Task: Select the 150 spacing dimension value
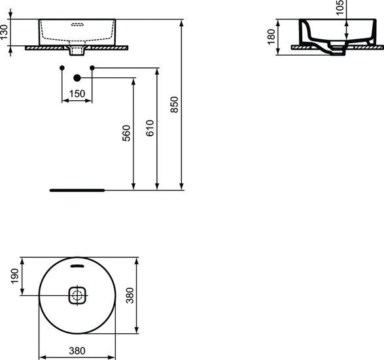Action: [77, 94]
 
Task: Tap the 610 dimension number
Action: [150, 128]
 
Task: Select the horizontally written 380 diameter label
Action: [77, 350]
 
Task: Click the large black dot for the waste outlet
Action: [77, 77]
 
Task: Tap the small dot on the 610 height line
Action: [92, 67]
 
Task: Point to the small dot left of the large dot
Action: [61, 67]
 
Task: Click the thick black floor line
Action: [77, 190]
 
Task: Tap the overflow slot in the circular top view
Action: [77, 266]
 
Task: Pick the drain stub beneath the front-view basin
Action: [77, 50]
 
